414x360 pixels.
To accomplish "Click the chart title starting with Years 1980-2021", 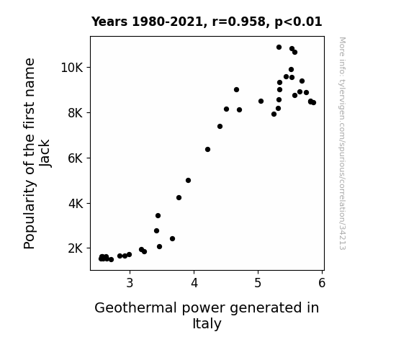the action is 207,22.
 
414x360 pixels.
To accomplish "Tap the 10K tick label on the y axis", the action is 72,68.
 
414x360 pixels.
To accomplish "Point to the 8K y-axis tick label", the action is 76,113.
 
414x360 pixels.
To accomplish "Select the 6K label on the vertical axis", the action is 76,158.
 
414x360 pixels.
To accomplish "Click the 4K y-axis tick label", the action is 76,204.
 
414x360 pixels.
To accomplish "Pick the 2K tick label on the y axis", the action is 76,248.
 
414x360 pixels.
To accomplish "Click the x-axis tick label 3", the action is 130,283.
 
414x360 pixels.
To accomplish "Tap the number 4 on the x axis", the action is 194,283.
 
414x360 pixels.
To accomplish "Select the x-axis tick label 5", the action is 258,283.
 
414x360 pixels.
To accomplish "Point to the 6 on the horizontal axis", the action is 322,283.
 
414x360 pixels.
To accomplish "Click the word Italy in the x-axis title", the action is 207,324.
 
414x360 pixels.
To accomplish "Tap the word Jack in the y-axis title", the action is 45,153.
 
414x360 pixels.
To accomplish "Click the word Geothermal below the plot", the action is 135,308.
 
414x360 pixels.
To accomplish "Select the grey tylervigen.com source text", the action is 342,143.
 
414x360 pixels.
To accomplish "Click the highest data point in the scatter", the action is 279,48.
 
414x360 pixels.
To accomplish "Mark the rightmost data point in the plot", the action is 313,102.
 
